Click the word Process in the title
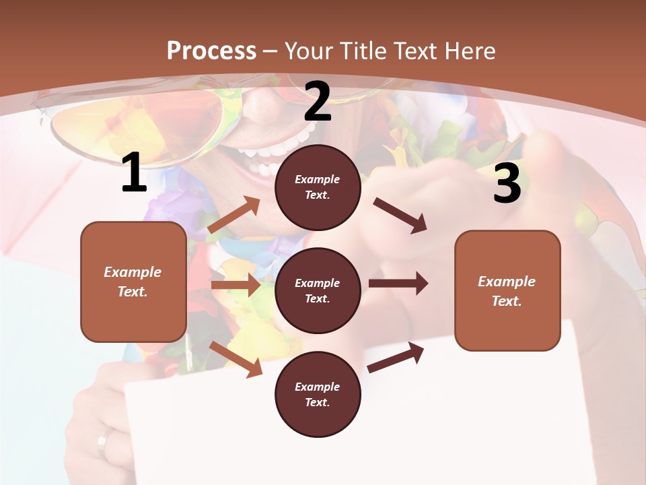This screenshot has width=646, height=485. (211, 51)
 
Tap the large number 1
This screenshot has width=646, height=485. (134, 173)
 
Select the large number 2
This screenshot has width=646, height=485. (318, 101)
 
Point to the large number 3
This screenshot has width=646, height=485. (507, 183)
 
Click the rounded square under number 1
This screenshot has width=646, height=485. (133, 282)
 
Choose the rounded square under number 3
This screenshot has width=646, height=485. (507, 290)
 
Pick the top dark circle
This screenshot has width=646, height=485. (318, 187)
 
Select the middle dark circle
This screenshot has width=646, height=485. (318, 290)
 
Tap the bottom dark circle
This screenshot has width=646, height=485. (318, 394)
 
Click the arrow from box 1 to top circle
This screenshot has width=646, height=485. (234, 215)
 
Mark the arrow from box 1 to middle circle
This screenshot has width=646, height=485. (236, 285)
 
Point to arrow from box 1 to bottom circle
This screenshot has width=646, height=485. (236, 359)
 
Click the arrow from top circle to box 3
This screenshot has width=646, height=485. (400, 215)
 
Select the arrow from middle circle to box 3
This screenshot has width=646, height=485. (398, 283)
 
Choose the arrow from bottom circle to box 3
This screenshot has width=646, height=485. (396, 358)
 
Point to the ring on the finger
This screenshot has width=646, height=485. (102, 442)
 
